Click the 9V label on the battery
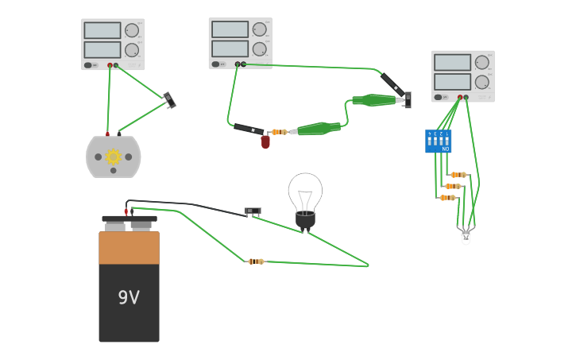129,298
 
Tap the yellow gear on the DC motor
114,157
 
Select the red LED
265,142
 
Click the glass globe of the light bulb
305,192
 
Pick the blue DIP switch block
438,141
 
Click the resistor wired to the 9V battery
256,261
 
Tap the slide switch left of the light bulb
253,211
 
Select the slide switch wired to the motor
169,100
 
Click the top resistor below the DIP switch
458,175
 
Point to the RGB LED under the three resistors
466,235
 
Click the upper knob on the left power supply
133,30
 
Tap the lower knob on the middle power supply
260,48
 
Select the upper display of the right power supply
452,62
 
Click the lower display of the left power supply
102,49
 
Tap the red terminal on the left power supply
110,65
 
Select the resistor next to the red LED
280,132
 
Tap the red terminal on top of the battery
126,211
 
